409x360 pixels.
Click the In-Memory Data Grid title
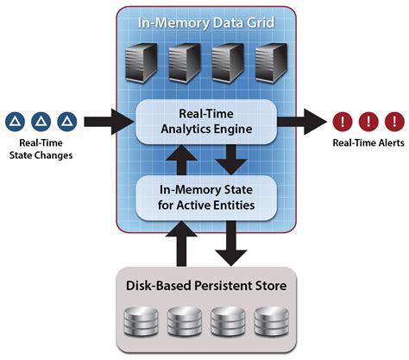coord(204,22)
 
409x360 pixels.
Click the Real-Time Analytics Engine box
coord(204,122)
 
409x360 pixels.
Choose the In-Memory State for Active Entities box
coord(204,197)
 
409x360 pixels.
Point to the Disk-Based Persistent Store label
coord(204,283)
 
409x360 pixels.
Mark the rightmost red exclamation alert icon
coord(393,121)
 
